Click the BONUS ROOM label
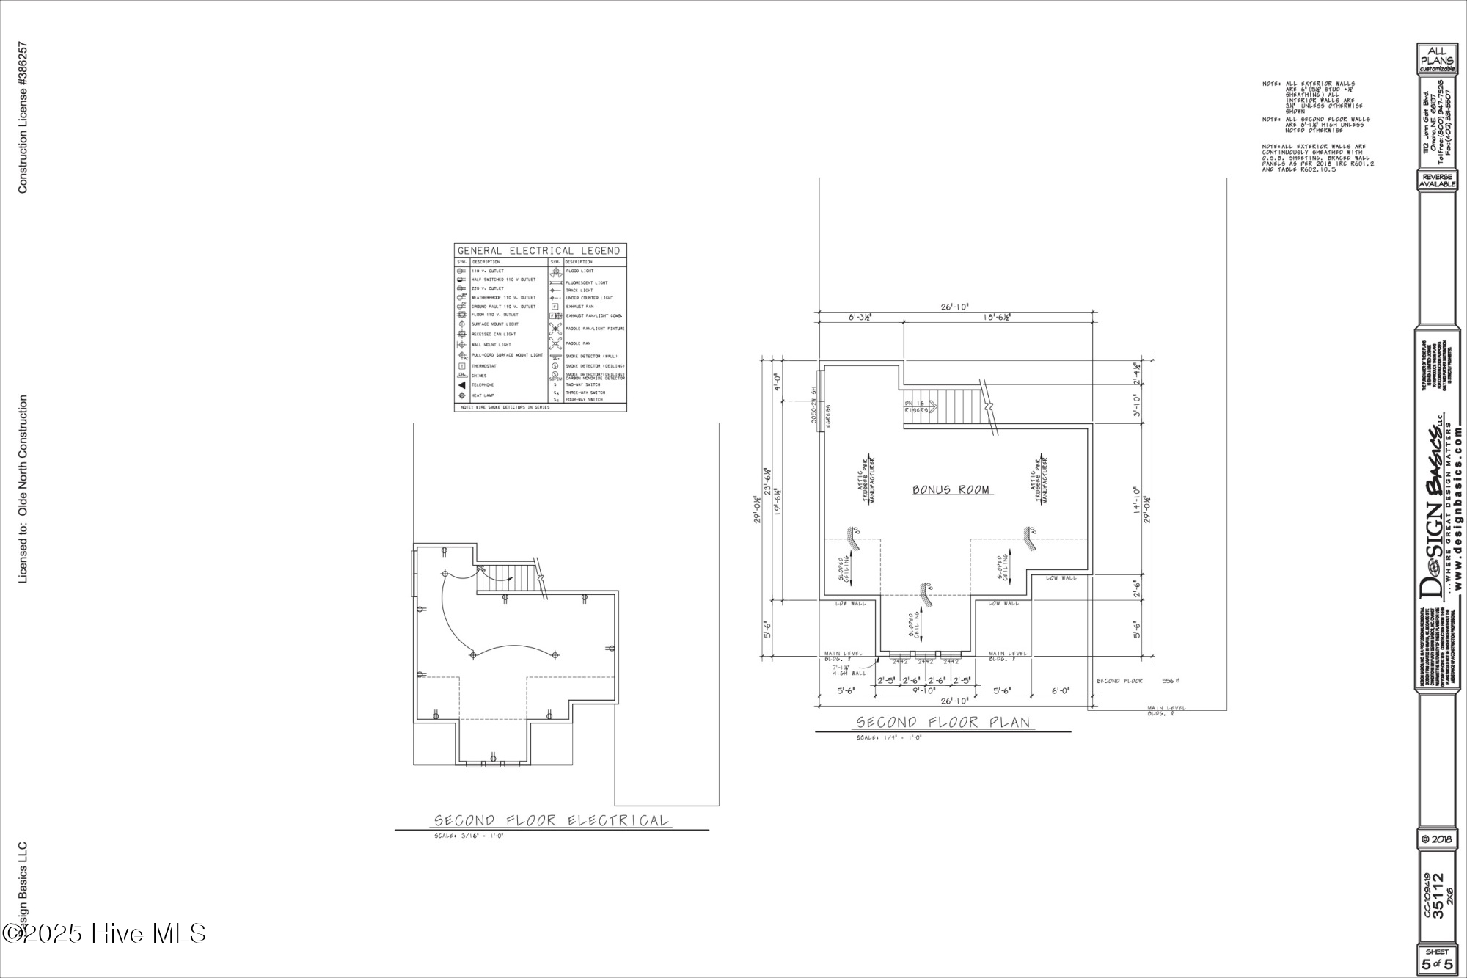point(951,489)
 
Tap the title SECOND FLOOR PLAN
point(943,723)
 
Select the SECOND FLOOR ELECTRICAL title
point(552,820)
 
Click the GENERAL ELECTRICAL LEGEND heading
point(539,251)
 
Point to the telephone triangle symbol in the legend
point(462,385)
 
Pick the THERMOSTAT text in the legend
point(484,366)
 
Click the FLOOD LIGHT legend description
point(580,271)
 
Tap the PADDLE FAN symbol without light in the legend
point(556,343)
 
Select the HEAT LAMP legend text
point(483,395)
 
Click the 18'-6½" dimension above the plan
point(1001,317)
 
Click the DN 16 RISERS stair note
point(916,407)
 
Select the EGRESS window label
point(827,416)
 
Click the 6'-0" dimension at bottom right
point(1061,690)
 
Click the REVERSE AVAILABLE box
point(1436,180)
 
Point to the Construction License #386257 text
point(23,117)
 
